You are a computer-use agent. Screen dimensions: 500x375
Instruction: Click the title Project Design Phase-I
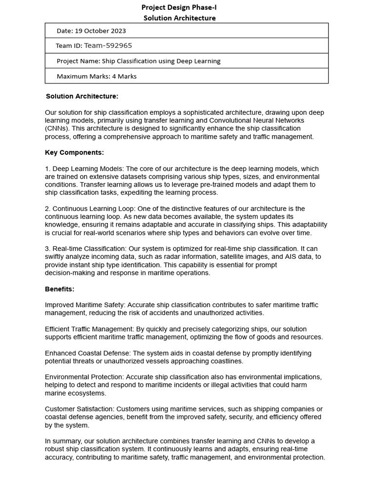(x=179, y=7)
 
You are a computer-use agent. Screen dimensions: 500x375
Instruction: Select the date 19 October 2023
(x=100, y=31)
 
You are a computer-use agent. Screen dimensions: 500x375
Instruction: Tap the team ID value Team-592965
(x=108, y=46)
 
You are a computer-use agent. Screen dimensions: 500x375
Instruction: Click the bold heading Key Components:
(x=74, y=152)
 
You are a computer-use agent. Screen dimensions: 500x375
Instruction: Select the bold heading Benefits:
(x=60, y=289)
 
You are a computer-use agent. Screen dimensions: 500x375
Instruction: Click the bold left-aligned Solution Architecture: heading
(x=82, y=96)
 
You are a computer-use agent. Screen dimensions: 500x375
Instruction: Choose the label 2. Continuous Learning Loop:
(x=93, y=208)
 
